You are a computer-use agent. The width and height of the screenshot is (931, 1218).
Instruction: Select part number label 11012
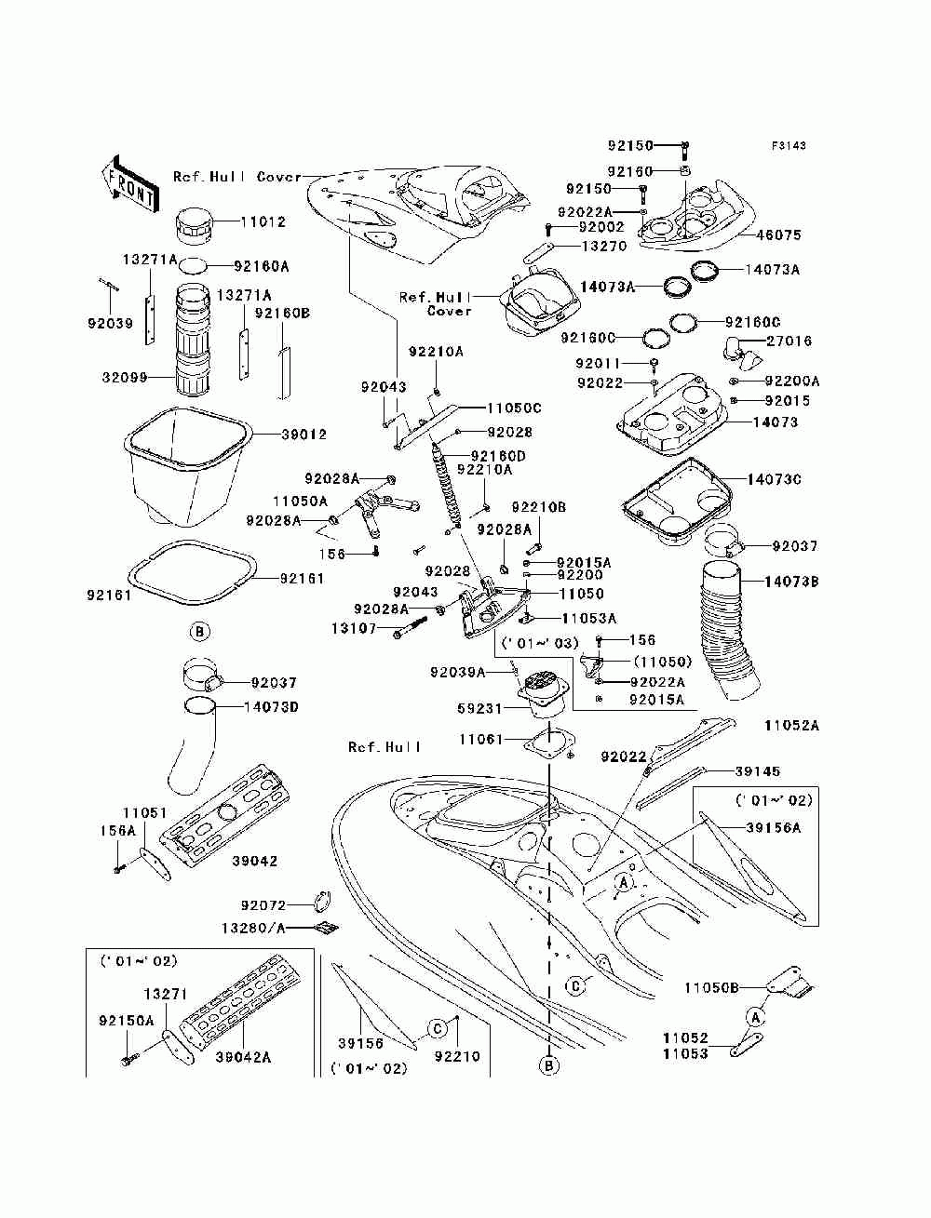263,222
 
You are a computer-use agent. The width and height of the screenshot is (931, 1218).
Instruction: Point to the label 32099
125,378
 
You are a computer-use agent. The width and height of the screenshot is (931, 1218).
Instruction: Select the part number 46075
779,234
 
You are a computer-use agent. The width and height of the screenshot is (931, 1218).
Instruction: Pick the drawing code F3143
789,146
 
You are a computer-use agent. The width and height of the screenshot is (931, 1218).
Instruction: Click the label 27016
789,341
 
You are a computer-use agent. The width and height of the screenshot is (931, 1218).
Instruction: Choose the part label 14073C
775,479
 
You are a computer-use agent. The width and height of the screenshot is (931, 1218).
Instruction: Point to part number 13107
354,628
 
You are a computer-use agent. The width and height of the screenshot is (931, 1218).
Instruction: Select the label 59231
480,709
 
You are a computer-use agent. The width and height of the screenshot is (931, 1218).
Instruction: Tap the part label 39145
758,770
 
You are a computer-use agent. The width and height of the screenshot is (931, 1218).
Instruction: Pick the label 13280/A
254,928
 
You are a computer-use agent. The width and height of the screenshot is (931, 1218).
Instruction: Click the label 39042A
243,1056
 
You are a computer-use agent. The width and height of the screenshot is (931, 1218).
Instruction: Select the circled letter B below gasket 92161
200,632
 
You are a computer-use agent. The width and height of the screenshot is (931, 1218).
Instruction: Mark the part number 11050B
711,988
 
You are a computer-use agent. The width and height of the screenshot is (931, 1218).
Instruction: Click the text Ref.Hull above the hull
385,747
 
